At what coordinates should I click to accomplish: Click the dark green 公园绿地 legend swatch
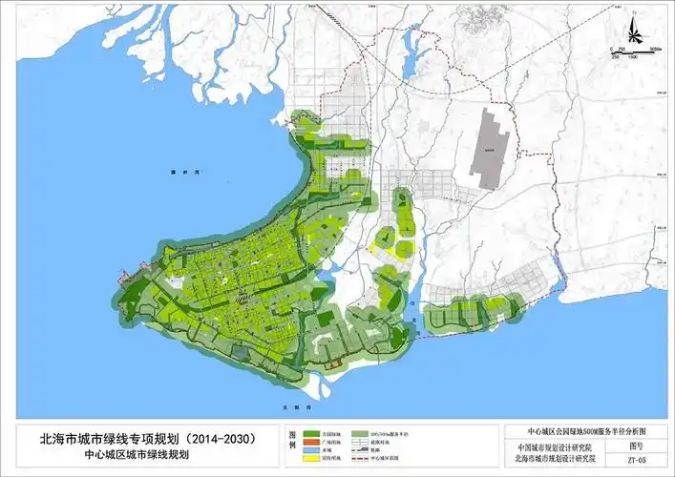tap(314, 431)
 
